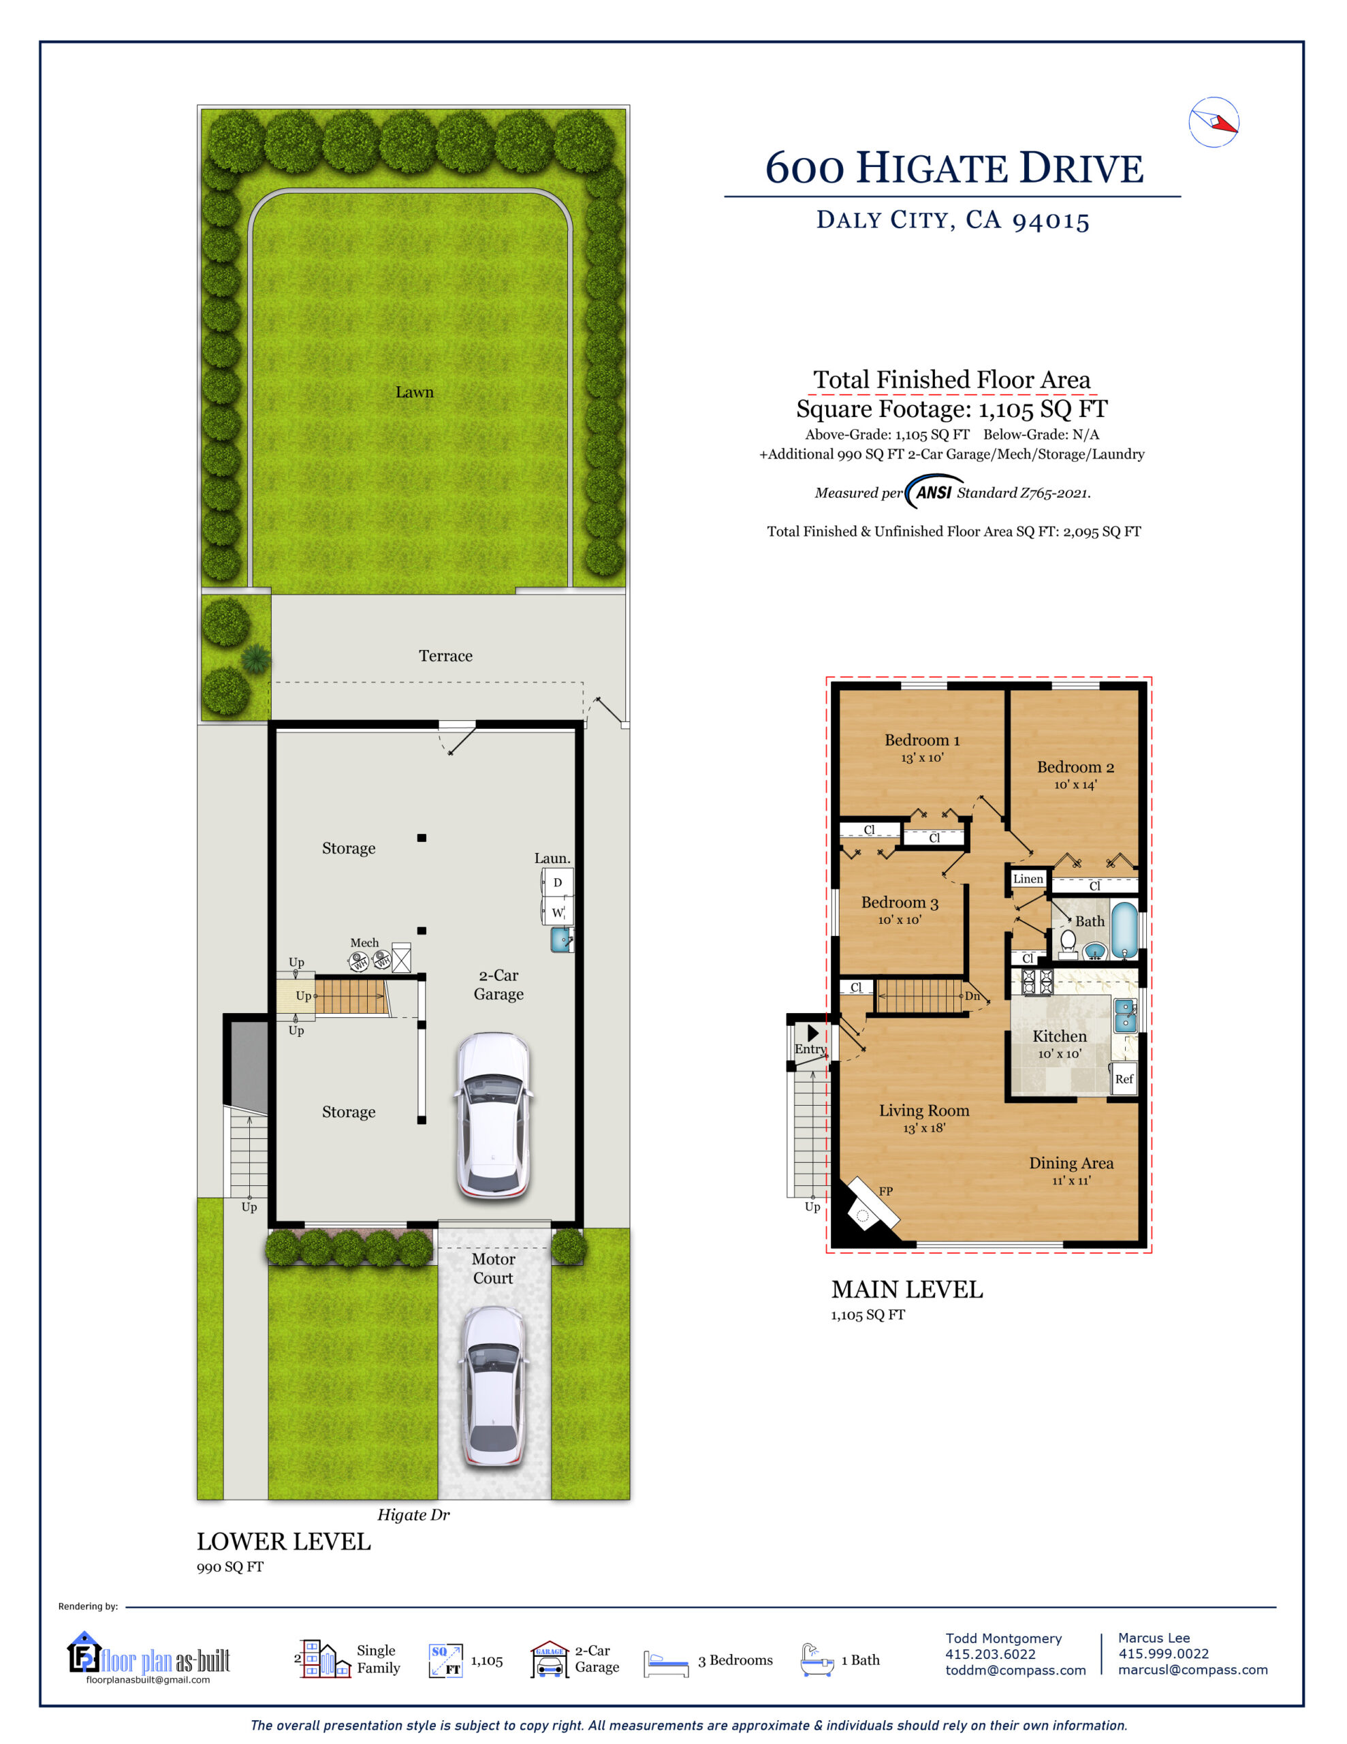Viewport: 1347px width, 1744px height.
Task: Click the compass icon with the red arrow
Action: click(1213, 122)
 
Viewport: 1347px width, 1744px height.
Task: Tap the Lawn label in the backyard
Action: click(415, 392)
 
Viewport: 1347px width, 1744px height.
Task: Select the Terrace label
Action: click(445, 655)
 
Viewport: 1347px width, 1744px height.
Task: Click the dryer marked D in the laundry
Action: click(557, 882)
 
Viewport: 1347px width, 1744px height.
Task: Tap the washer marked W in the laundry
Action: click(557, 911)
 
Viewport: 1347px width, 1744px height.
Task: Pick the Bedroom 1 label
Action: click(922, 741)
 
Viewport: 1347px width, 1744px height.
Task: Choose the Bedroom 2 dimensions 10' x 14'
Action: click(1075, 785)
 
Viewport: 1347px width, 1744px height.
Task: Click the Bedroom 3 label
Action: click(900, 903)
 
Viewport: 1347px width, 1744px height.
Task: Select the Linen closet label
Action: click(1028, 878)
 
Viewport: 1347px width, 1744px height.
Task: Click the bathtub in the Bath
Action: click(1124, 931)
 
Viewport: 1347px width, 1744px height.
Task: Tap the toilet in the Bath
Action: click(1068, 942)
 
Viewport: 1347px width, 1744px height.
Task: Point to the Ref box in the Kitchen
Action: click(1124, 1079)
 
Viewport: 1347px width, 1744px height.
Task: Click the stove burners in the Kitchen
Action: click(1038, 982)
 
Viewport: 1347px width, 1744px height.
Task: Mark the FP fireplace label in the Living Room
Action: click(885, 1192)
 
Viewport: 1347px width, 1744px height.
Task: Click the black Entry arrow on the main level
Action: click(813, 1033)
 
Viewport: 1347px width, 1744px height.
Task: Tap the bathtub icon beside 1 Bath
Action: click(817, 1660)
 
